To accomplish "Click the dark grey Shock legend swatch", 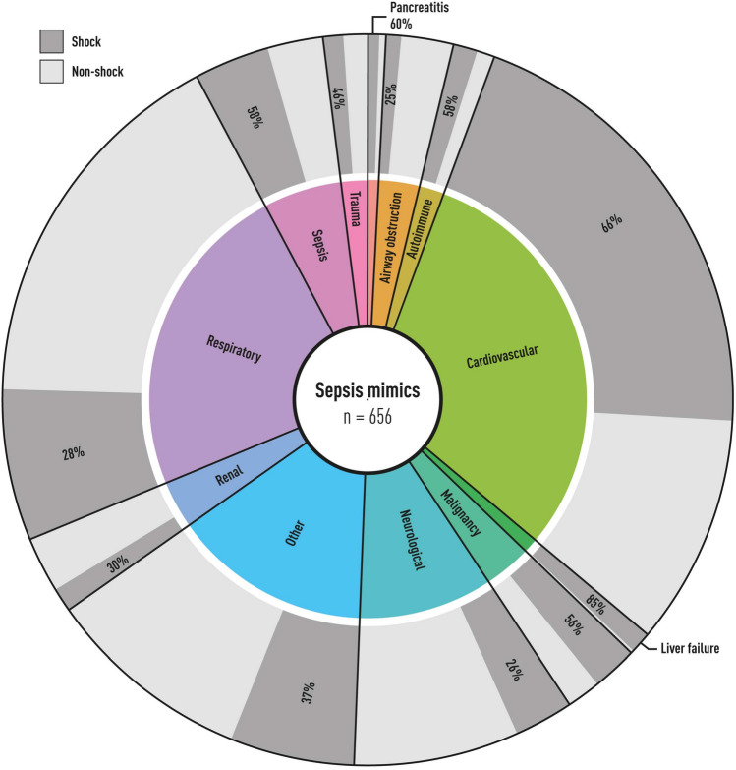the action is (x=51, y=40).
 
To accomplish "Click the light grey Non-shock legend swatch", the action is (x=51, y=70).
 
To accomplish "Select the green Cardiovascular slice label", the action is (x=503, y=349).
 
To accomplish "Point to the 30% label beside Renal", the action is (x=118, y=564).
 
